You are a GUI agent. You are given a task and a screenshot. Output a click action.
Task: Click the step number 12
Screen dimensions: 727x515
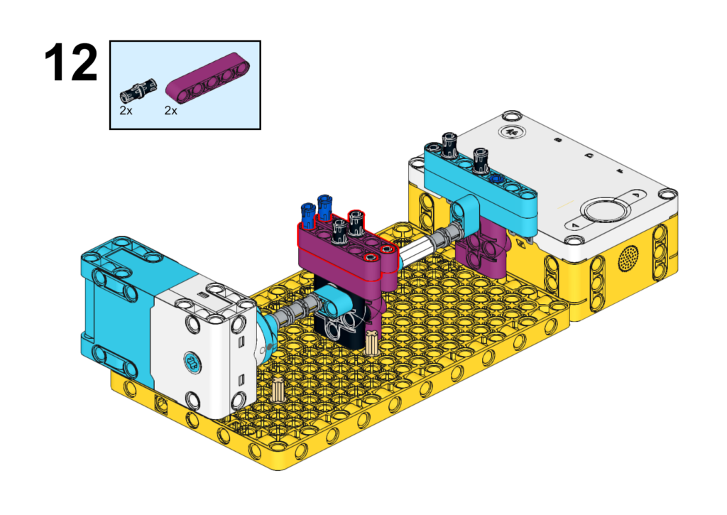pyautogui.click(x=71, y=63)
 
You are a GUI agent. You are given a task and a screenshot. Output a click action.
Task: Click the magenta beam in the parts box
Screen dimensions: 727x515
pyautogui.click(x=208, y=77)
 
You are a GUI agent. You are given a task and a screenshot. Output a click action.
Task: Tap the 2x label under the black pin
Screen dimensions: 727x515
pyautogui.click(x=126, y=110)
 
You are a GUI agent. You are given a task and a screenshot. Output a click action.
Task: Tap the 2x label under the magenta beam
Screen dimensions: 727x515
pyautogui.click(x=170, y=110)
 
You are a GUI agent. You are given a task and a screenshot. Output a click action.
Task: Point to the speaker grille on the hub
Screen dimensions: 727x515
pyautogui.click(x=629, y=258)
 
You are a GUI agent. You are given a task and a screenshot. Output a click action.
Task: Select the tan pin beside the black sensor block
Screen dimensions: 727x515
pyautogui.click(x=372, y=342)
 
